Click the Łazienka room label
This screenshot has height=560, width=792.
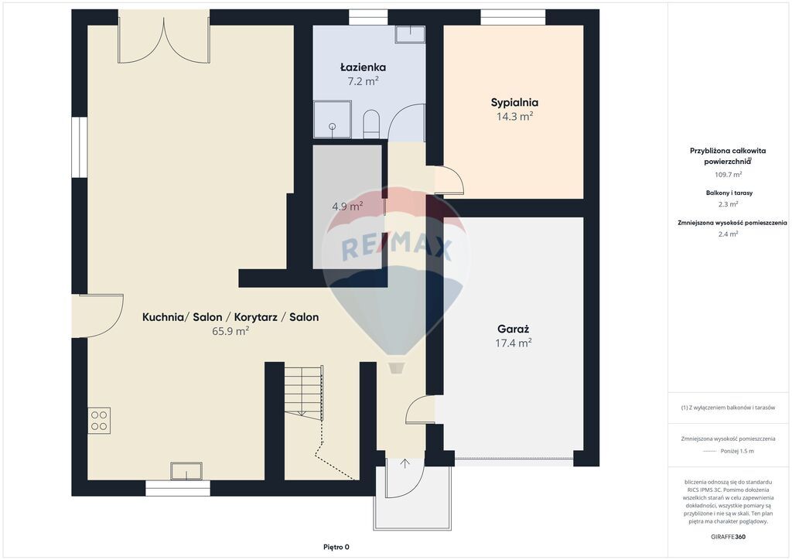(x=363, y=67)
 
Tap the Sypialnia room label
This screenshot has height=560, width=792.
(x=514, y=103)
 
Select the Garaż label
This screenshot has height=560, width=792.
(x=514, y=330)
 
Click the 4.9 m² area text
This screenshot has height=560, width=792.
(x=347, y=206)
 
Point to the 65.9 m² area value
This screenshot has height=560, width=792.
(x=230, y=331)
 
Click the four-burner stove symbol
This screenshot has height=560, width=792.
(x=99, y=421)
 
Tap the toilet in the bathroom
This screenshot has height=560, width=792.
(x=371, y=123)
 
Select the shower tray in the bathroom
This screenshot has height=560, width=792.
(x=333, y=119)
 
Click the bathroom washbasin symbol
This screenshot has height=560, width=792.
(x=410, y=34)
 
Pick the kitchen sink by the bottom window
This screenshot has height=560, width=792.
(x=186, y=471)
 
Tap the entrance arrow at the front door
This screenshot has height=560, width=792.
(x=405, y=463)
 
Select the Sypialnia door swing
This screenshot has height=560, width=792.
(x=449, y=180)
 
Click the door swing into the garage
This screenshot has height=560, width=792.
(x=420, y=408)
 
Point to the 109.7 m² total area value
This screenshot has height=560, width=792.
(x=728, y=174)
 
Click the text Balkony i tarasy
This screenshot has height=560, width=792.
(x=729, y=193)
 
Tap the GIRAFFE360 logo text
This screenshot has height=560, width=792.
(x=728, y=536)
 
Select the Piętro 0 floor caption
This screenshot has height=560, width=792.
(x=336, y=547)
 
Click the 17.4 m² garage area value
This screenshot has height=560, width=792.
(x=514, y=343)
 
